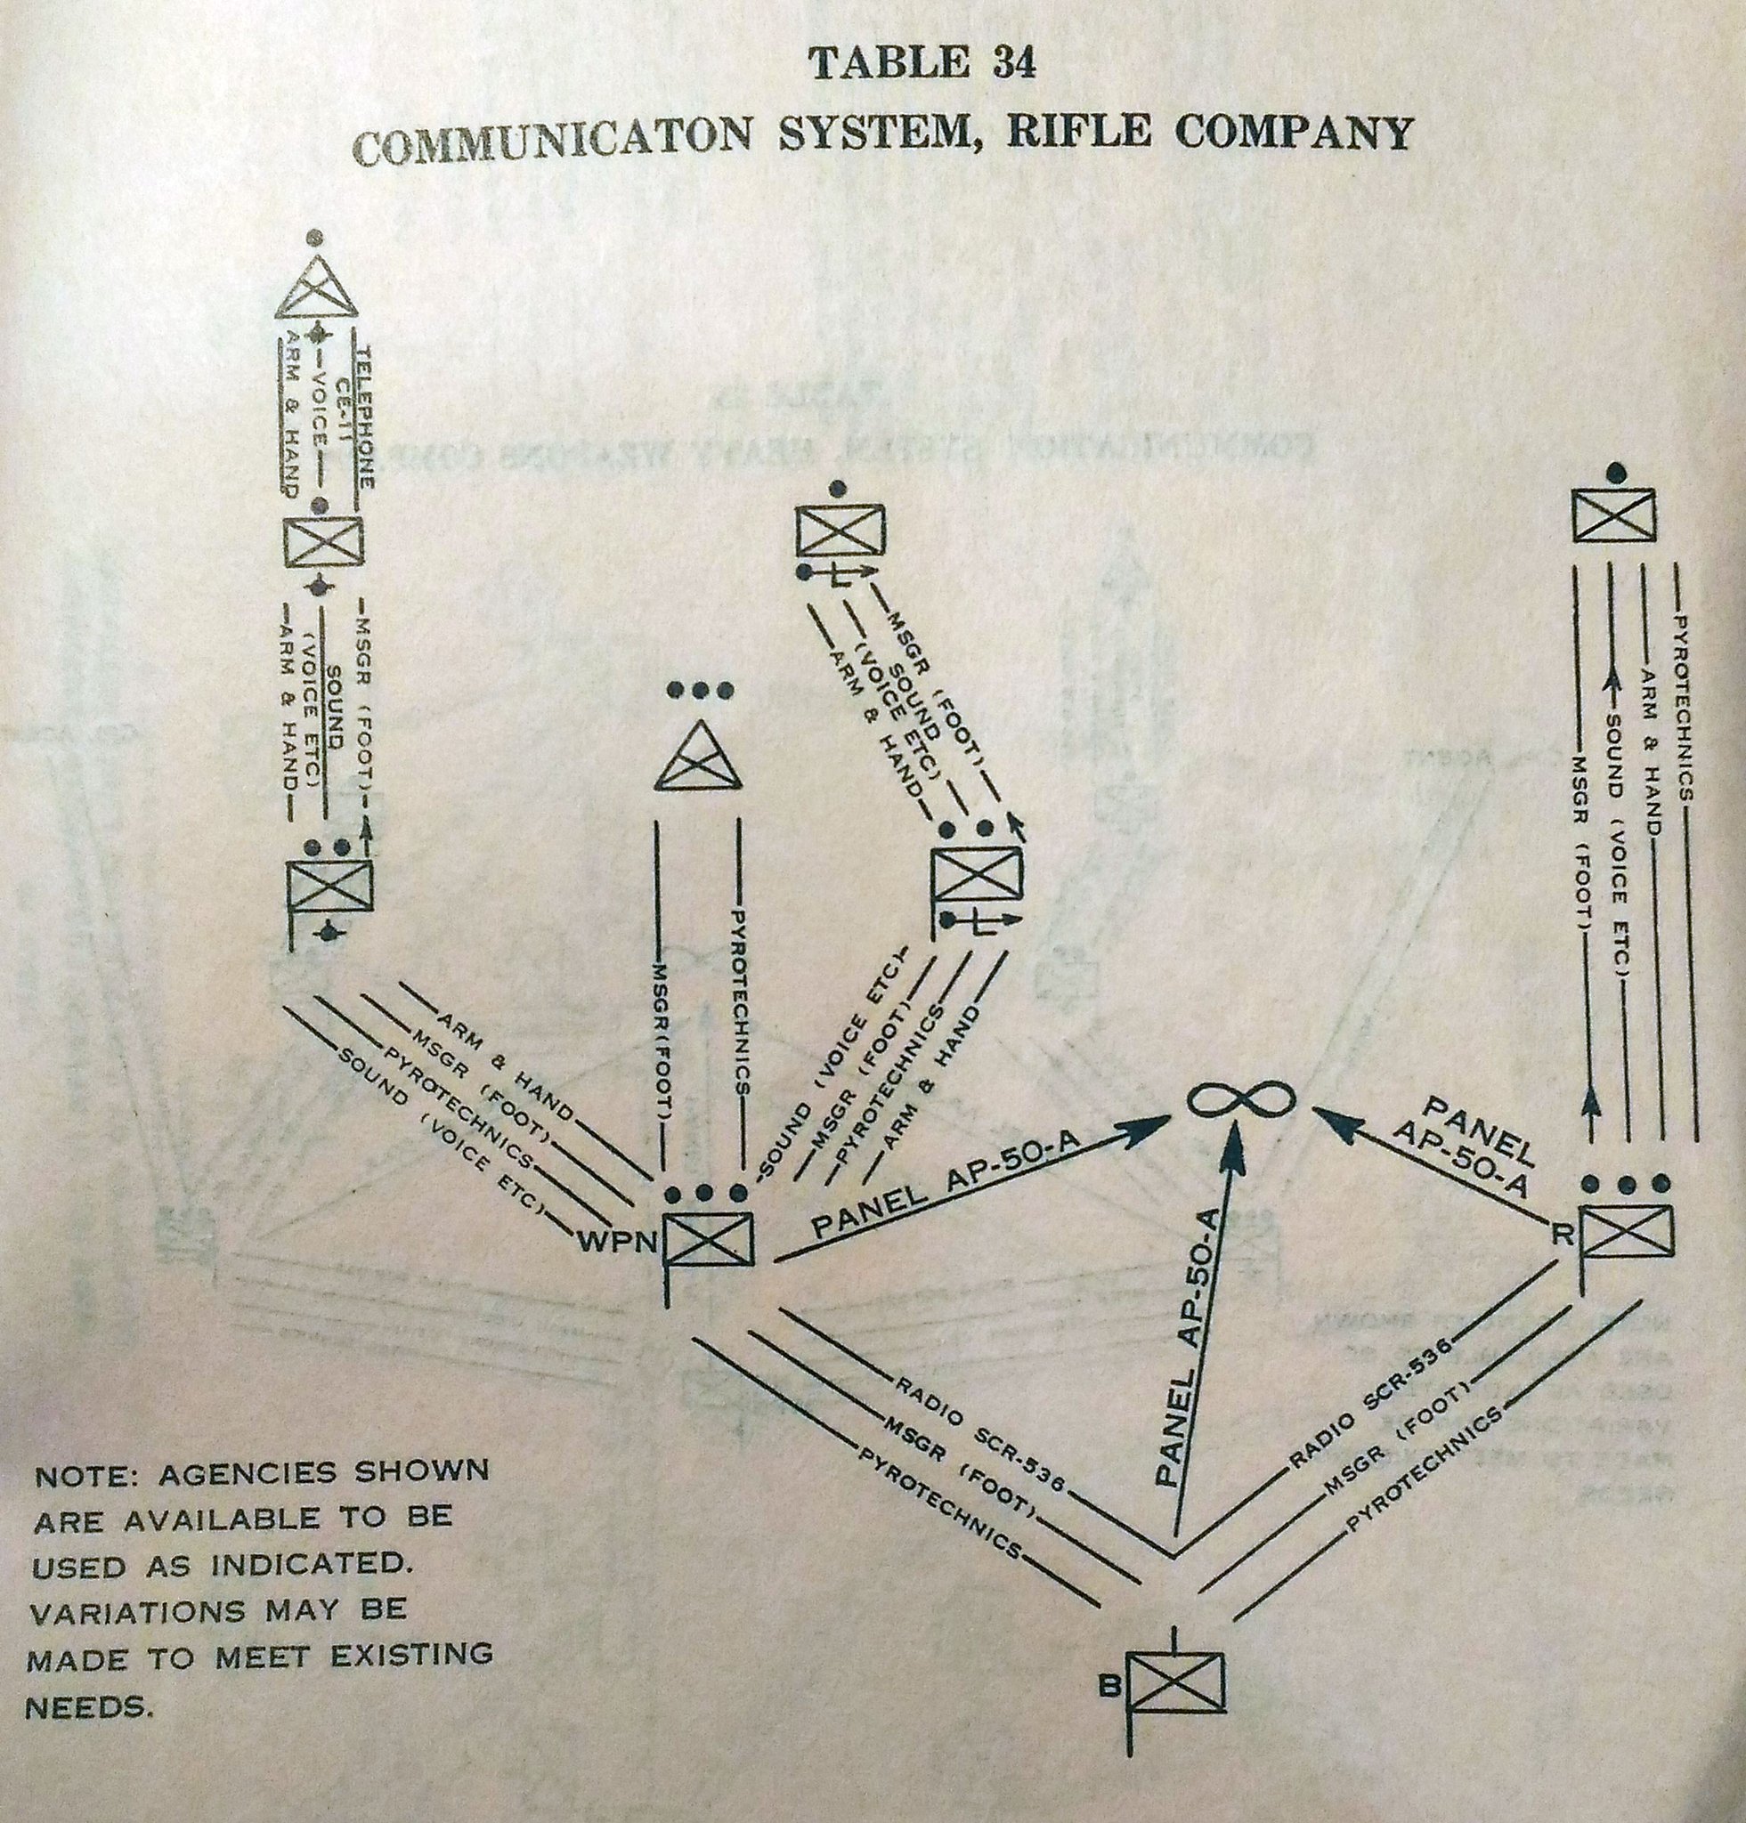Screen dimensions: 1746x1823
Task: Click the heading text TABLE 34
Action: [922, 65]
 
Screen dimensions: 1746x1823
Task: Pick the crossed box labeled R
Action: [1627, 1230]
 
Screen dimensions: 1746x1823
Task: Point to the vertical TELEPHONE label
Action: [367, 417]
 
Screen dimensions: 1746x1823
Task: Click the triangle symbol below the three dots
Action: [698, 757]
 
